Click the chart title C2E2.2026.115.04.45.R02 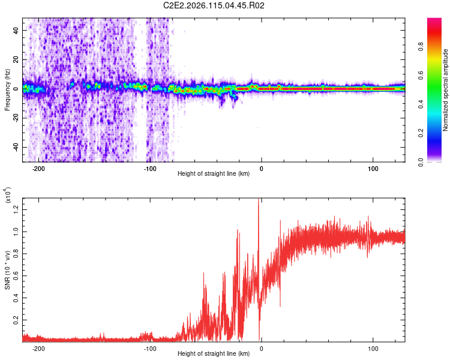point(214,6)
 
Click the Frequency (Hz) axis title point(8,89)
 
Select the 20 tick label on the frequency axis point(17,59)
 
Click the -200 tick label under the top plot point(39,167)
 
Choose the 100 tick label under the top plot point(373,167)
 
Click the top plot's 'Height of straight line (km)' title point(214,174)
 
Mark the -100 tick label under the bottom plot point(150,347)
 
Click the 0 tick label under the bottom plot point(262,347)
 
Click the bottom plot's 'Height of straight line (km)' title point(214,354)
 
